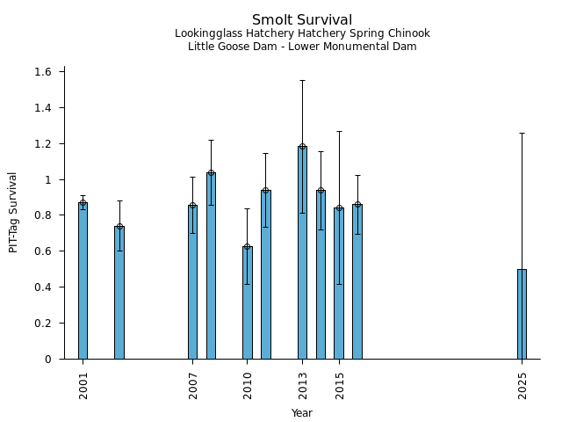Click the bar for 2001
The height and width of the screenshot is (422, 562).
tap(83, 281)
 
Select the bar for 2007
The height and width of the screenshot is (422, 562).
tap(192, 282)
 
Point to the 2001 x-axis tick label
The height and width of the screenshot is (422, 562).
tap(83, 384)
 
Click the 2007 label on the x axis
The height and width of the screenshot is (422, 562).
tap(193, 384)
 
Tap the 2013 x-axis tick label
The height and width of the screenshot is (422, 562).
tap(303, 384)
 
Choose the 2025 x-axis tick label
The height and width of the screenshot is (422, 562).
tap(522, 384)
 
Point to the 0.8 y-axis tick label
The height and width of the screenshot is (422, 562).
tap(44, 215)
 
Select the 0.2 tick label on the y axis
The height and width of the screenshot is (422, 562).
tap(44, 324)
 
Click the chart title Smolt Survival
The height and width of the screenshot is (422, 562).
tap(302, 20)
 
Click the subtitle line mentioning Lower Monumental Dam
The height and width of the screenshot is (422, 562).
tap(302, 47)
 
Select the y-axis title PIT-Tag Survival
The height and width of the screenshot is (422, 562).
tap(13, 212)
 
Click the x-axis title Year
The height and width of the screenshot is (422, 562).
tap(302, 413)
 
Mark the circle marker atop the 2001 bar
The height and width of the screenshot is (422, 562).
tap(83, 204)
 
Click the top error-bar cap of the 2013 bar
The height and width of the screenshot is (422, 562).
tap(302, 80)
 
